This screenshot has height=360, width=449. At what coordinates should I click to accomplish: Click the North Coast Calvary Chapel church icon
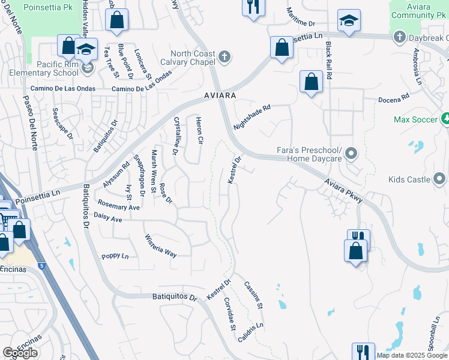tap(224, 58)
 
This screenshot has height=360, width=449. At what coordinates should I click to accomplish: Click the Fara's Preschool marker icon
tap(352, 154)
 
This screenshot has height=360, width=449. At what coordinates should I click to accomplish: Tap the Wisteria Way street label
tap(161, 245)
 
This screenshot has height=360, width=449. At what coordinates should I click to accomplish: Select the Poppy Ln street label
tap(115, 256)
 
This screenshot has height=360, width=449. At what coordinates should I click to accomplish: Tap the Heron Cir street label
tap(199, 131)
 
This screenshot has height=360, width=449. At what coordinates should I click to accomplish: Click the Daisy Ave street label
tap(108, 220)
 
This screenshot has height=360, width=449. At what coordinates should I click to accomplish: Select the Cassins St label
tap(253, 295)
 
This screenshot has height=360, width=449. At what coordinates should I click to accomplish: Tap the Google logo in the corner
tap(20, 353)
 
